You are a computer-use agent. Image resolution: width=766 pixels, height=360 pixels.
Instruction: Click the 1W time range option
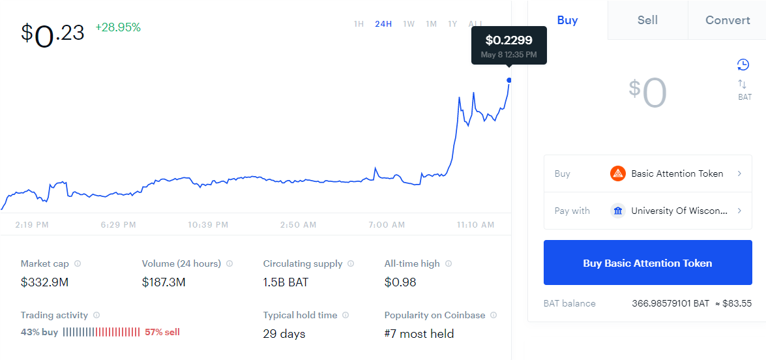pyautogui.click(x=409, y=23)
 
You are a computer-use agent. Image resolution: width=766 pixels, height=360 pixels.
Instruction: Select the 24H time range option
pyautogui.click(x=383, y=23)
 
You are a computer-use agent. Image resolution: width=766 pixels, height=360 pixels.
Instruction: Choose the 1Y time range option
pyautogui.click(x=452, y=23)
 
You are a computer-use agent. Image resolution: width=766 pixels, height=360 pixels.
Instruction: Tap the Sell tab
pyautogui.click(x=647, y=20)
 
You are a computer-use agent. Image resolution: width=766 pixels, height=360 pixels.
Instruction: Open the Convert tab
pyautogui.click(x=728, y=20)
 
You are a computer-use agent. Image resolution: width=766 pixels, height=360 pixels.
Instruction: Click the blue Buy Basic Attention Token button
pyautogui.click(x=648, y=263)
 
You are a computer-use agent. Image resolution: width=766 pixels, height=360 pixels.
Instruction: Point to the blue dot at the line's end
pyautogui.click(x=510, y=80)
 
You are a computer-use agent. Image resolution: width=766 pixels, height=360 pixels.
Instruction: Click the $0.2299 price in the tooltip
pyautogui.click(x=508, y=40)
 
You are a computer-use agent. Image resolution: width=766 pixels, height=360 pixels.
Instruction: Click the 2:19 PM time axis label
pyautogui.click(x=32, y=225)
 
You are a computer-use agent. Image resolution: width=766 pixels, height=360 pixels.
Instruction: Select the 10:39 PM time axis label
pyautogui.click(x=208, y=225)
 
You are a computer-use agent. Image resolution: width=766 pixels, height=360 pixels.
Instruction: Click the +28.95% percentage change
pyautogui.click(x=118, y=28)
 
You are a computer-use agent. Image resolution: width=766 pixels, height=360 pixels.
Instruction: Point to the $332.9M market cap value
pyautogui.click(x=44, y=282)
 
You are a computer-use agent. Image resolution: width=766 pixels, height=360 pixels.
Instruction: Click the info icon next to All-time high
pyautogui.click(x=449, y=263)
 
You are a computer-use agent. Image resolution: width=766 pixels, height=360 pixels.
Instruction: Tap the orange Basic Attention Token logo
pyautogui.click(x=618, y=173)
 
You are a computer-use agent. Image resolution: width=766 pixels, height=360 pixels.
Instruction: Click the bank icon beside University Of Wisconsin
pyautogui.click(x=618, y=211)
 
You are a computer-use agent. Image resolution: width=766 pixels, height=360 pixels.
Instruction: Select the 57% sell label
pyautogui.click(x=162, y=332)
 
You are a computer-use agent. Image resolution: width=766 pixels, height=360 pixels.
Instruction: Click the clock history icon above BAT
pyautogui.click(x=743, y=65)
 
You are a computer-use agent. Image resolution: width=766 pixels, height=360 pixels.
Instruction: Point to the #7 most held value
pyautogui.click(x=419, y=334)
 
